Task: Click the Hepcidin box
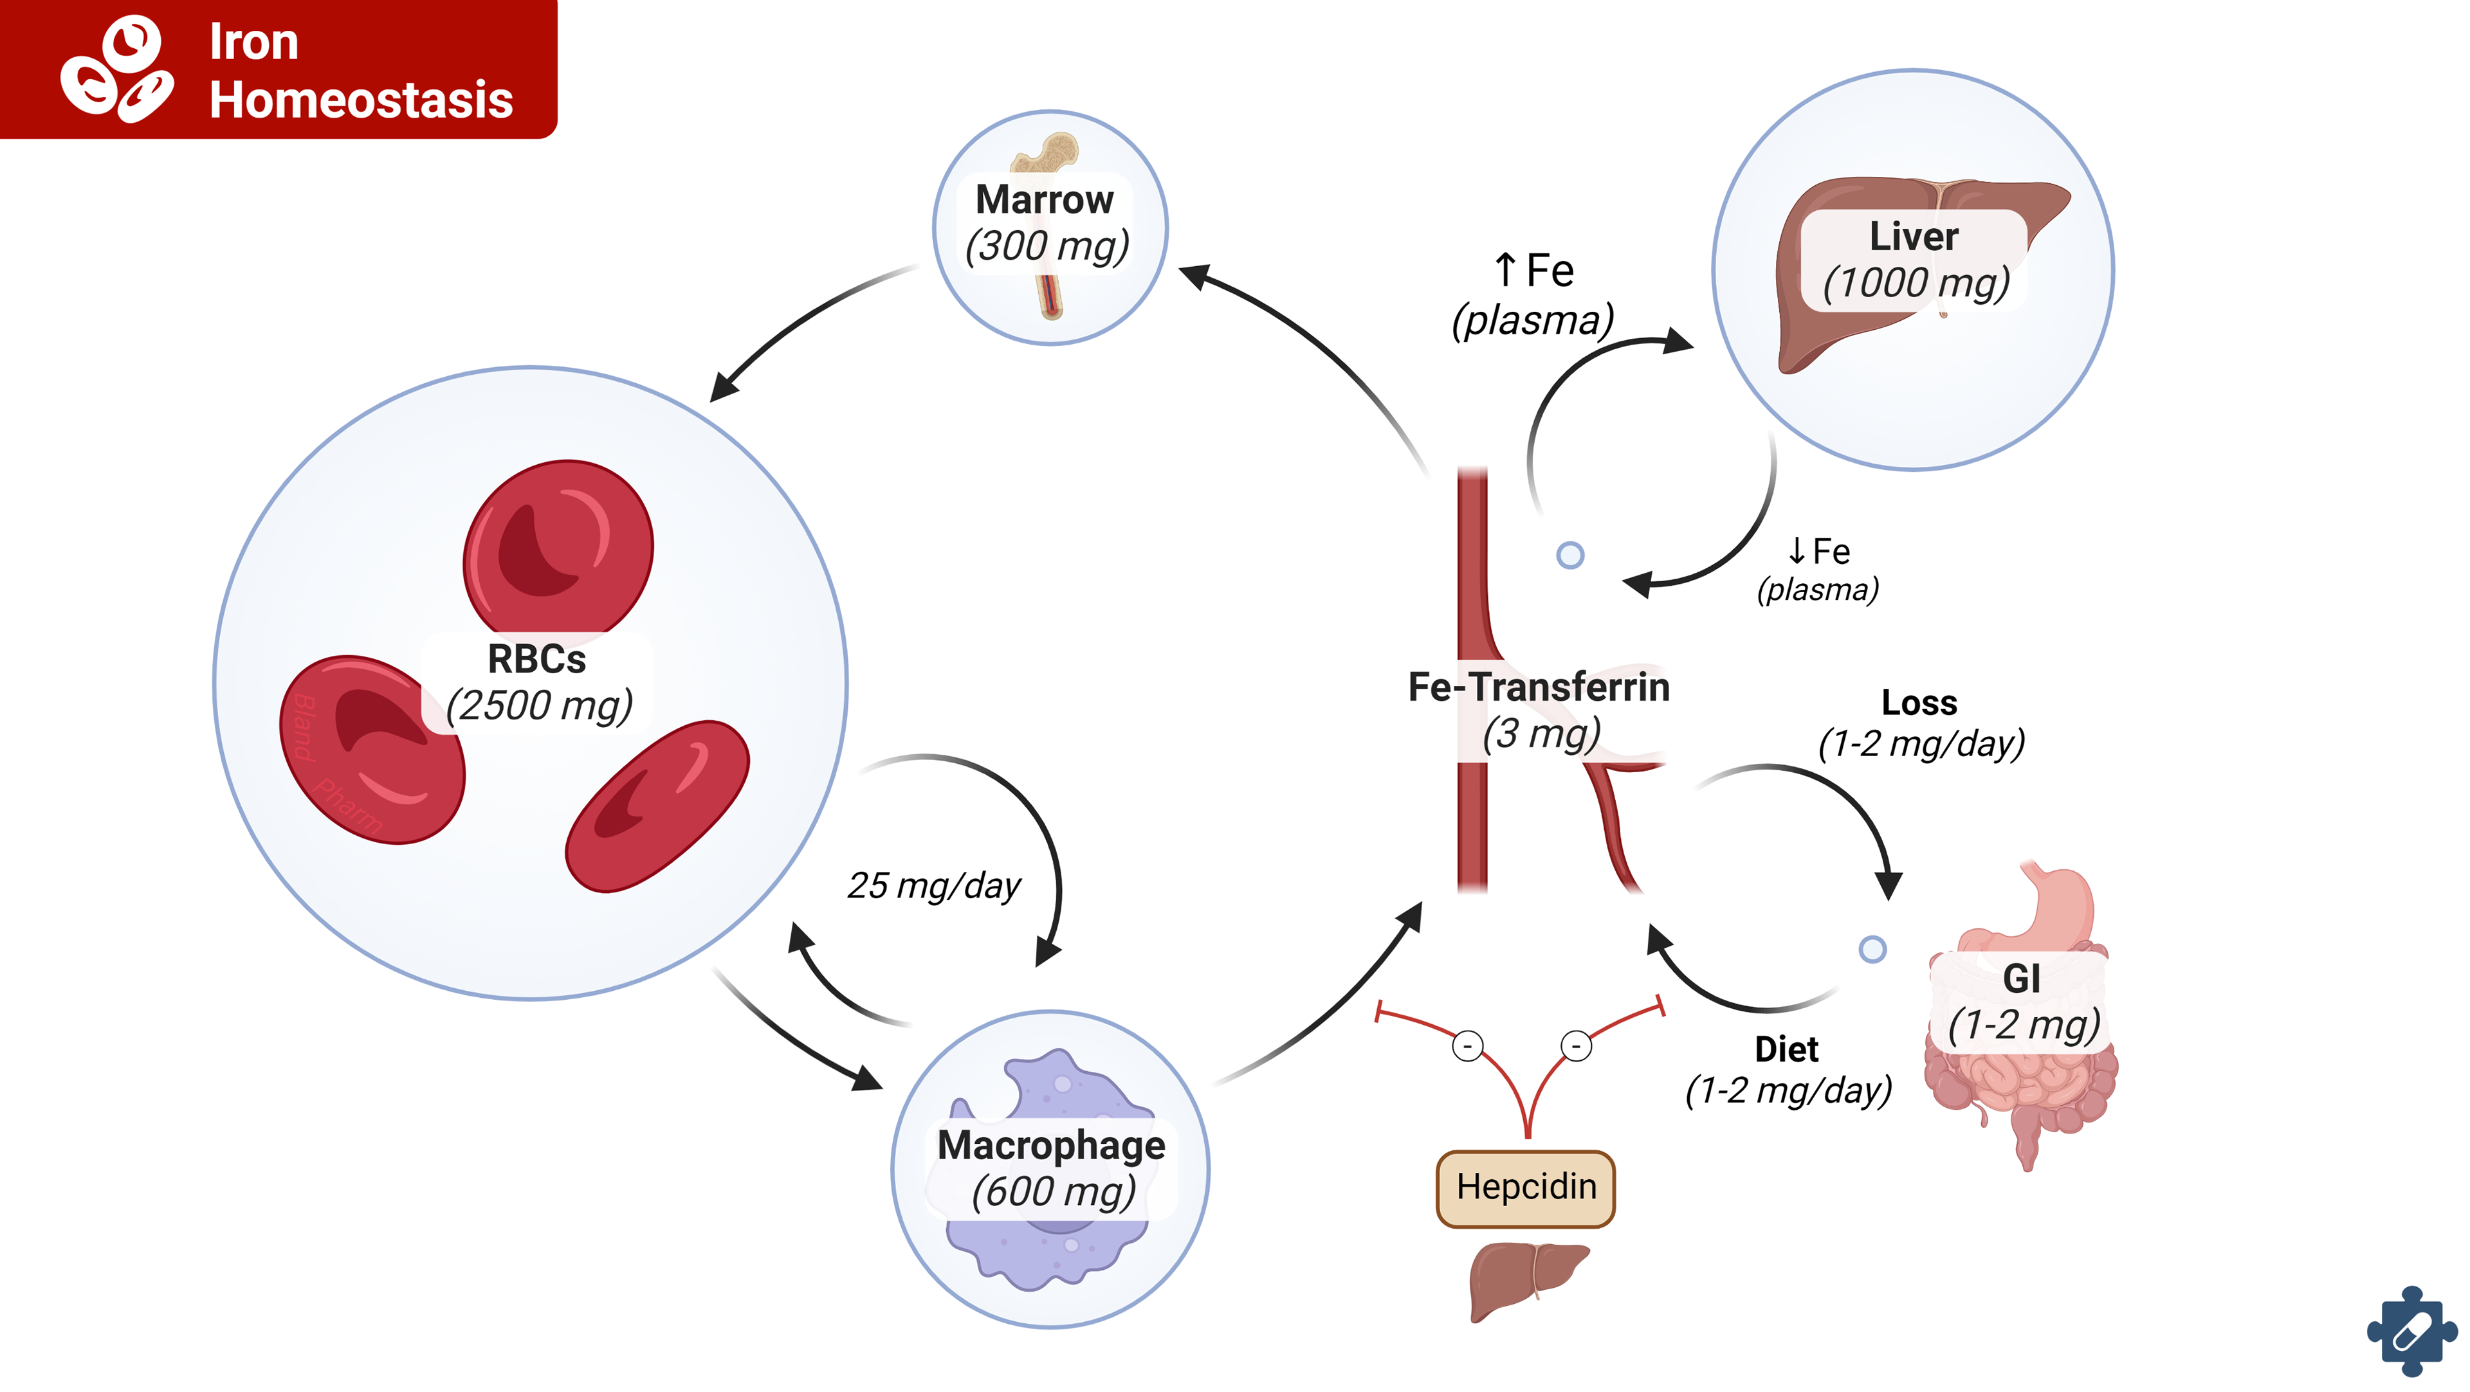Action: coord(1526,1188)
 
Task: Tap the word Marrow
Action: coord(1044,199)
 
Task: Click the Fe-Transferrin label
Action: coord(1538,687)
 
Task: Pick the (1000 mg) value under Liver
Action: coord(1915,283)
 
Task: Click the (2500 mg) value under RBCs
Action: coord(539,705)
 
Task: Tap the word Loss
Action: coord(1919,703)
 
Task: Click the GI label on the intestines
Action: coord(2021,979)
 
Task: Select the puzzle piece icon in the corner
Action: coord(2411,1332)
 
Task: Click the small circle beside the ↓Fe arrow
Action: coord(1569,555)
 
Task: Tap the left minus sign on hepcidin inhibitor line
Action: coord(1467,1045)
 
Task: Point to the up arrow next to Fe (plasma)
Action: coord(1505,269)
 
